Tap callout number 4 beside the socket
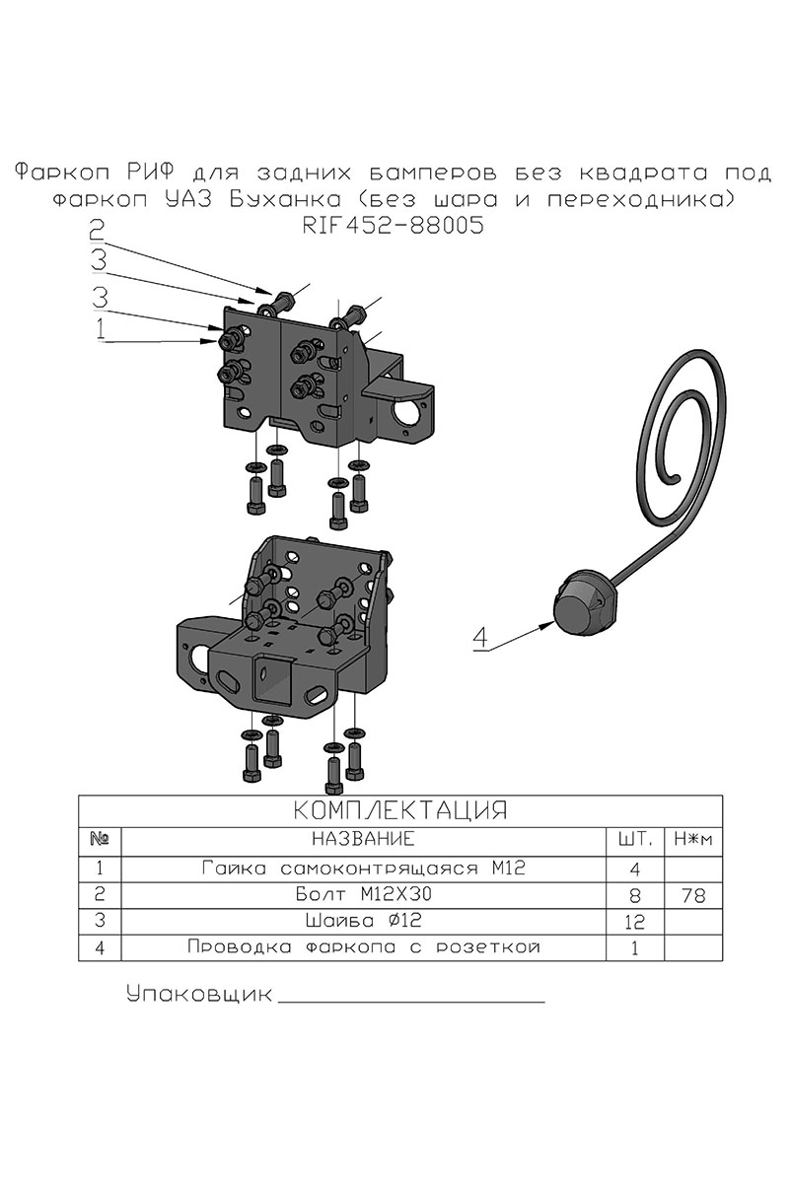point(480,637)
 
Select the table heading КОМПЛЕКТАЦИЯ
point(400,810)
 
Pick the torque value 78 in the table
point(694,896)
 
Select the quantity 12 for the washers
point(634,923)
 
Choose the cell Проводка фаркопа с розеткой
point(362,948)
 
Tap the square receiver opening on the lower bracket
point(267,680)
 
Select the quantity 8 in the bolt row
point(634,896)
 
